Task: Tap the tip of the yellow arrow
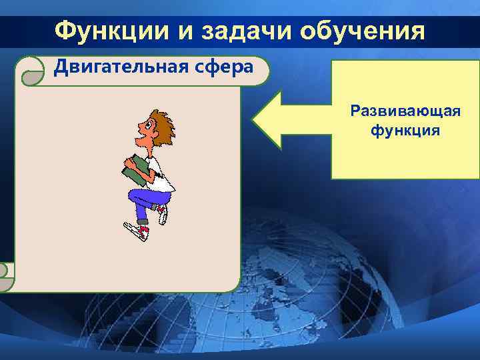[253, 121]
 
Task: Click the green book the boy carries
[137, 170]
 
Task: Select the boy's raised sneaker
[162, 213]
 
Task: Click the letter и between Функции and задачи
[177, 30]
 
